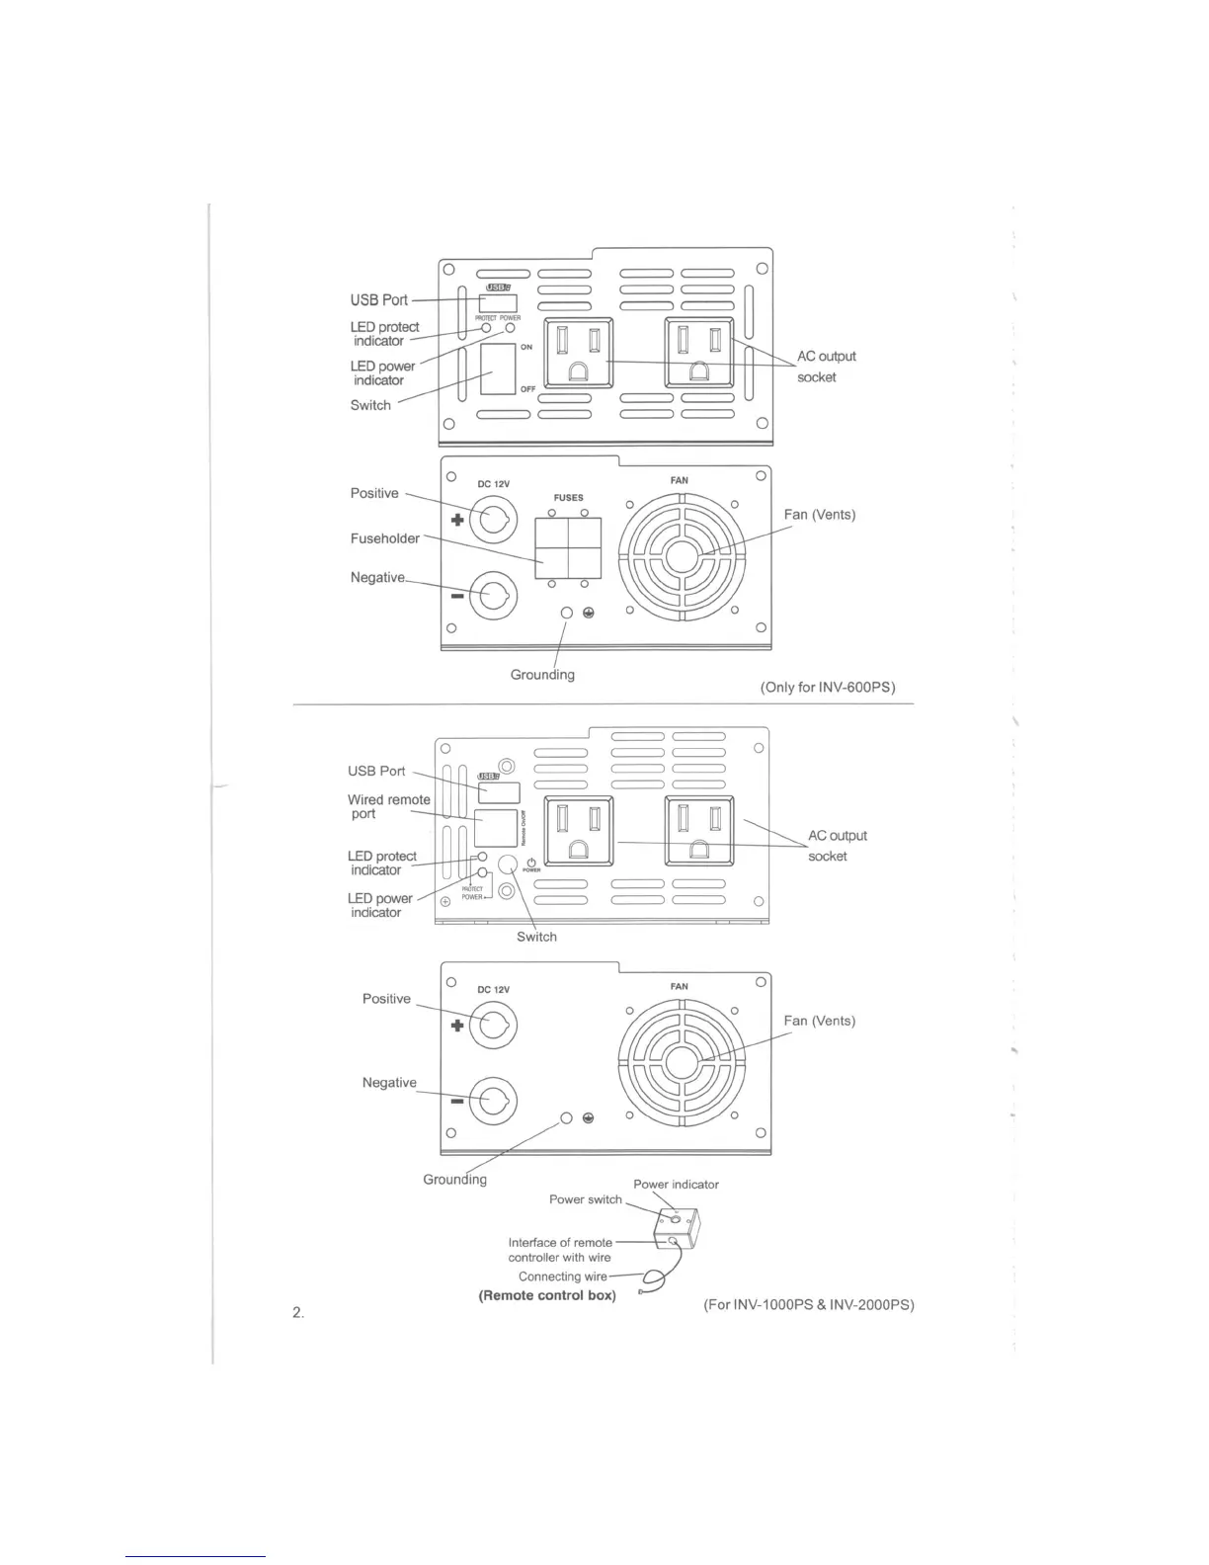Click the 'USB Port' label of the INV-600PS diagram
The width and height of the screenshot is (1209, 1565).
coord(378,300)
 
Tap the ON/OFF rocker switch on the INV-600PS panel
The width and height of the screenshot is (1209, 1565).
coord(498,369)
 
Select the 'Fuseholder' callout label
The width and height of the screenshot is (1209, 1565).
coord(384,538)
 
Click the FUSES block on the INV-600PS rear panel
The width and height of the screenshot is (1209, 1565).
coord(568,547)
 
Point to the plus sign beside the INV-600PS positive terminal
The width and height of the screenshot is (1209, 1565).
coord(457,521)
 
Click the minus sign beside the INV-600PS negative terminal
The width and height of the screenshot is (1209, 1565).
coord(457,597)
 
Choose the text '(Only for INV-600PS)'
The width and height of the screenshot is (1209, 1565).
coord(828,687)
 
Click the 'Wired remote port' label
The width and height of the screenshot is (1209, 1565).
coord(388,806)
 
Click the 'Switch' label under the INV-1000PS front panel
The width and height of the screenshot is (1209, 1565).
coord(536,937)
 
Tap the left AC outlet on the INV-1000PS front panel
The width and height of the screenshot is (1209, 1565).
coord(579,832)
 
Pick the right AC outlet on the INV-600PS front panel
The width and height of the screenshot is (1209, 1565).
coord(699,352)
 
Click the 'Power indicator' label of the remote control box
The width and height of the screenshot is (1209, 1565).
coord(676,1184)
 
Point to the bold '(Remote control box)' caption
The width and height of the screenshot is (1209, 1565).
coord(547,1295)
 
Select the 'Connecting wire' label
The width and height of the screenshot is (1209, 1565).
coord(563,1277)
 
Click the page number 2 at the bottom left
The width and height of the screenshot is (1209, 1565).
coord(297,1312)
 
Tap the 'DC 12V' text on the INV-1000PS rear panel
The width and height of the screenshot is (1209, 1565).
coord(493,989)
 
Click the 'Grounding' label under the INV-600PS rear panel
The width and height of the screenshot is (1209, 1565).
coord(542,675)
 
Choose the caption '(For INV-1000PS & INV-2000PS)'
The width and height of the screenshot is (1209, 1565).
coord(808,1304)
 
